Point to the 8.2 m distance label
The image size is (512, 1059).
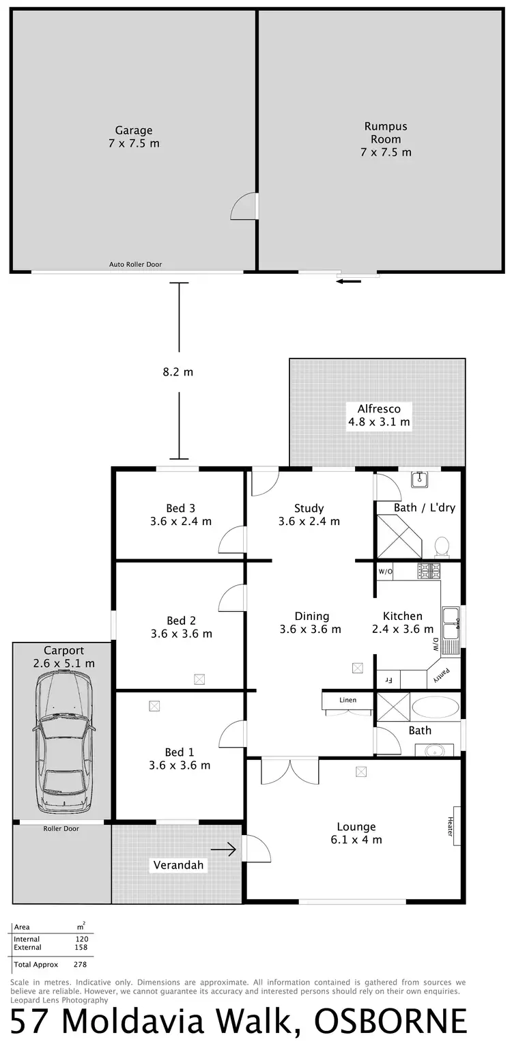178,372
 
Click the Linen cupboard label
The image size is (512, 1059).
348,701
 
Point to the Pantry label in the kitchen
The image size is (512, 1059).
442,675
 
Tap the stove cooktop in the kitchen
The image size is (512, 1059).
429,569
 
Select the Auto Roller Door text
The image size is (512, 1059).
136,264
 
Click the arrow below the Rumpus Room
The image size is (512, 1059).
348,281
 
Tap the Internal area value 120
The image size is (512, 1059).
82,939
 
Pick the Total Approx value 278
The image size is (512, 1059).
80,965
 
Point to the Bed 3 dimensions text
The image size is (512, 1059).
181,521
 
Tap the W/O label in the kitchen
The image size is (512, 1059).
385,571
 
